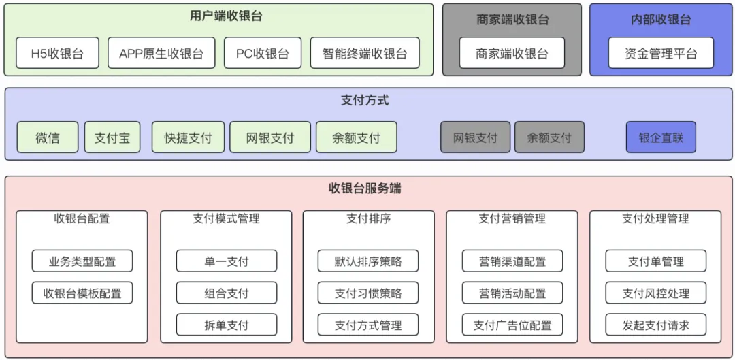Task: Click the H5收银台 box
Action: point(57,53)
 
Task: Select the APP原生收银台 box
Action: point(161,53)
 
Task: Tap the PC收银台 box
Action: point(262,53)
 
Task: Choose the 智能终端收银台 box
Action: point(365,53)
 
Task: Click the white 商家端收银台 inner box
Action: point(512,53)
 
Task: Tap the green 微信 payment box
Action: point(48,137)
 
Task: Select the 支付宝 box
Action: point(112,137)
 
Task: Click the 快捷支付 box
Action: point(188,137)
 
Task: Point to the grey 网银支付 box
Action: point(475,137)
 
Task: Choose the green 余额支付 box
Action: point(356,137)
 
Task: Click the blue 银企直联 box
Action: point(661,137)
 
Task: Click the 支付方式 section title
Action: point(365,100)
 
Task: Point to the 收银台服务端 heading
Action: point(365,189)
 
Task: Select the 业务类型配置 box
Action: point(82,261)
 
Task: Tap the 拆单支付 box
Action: point(227,325)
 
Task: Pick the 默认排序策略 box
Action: point(368,261)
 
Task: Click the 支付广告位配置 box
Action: point(512,325)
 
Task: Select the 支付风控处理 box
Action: point(655,293)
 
